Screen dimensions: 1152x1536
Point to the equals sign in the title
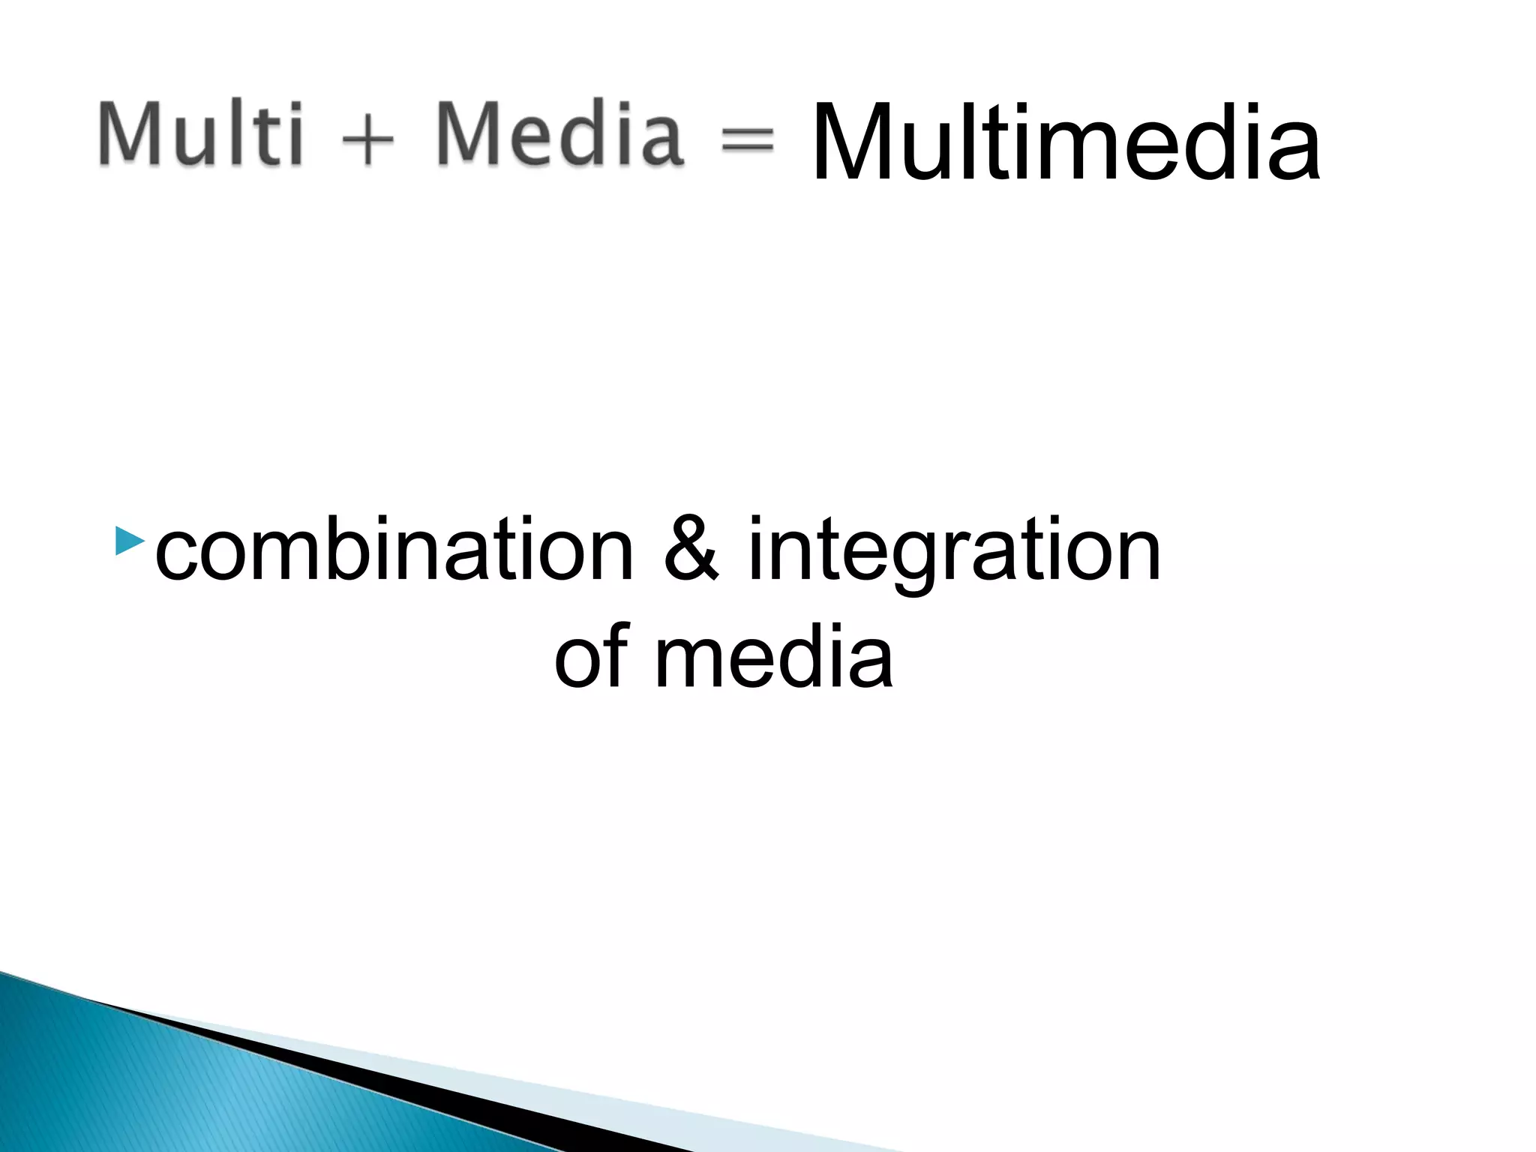747,139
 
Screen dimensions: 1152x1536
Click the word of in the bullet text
591,656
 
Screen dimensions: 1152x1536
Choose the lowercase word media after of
773,656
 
